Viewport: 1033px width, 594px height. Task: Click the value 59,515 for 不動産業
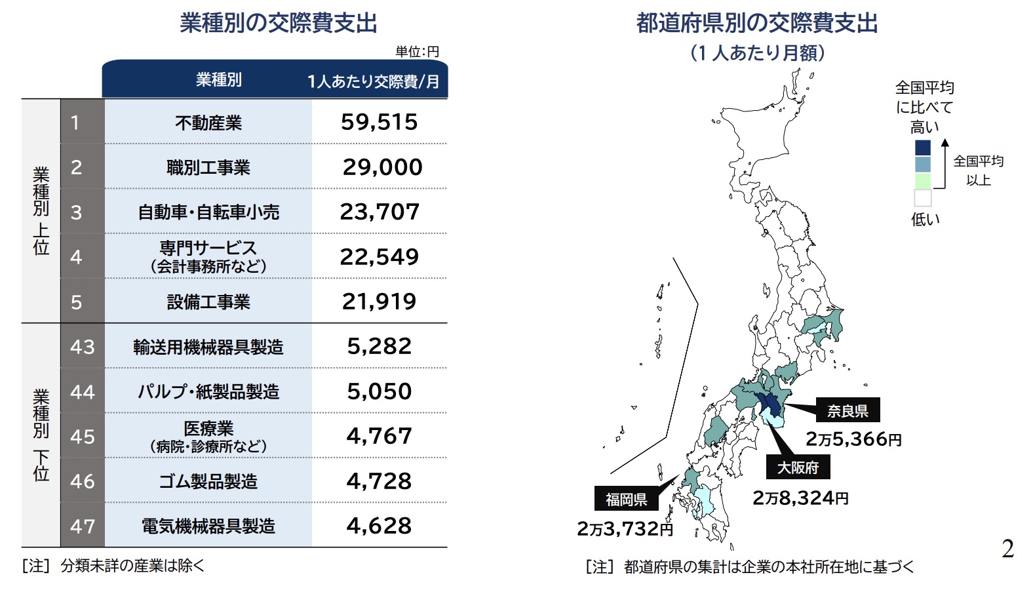coord(379,122)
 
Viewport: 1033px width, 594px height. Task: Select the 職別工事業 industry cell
coord(208,167)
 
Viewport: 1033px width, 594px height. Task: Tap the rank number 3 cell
coord(77,212)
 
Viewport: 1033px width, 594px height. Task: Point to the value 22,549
coord(379,256)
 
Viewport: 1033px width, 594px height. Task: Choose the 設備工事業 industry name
coord(208,302)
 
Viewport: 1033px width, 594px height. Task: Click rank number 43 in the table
coord(83,347)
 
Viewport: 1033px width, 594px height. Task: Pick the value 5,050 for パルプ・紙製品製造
coord(379,391)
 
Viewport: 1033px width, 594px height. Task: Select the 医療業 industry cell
coord(208,436)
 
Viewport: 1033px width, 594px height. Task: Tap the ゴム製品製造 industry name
coord(208,481)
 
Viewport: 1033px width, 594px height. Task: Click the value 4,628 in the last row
coord(379,526)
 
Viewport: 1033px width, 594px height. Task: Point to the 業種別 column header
coord(219,80)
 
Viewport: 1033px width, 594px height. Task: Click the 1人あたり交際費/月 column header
coord(374,81)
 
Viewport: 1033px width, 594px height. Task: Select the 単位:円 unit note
coord(418,51)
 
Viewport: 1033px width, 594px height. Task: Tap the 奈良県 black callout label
coord(848,411)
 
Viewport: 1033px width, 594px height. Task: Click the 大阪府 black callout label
coord(798,467)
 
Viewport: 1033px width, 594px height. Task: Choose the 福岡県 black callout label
coord(626,500)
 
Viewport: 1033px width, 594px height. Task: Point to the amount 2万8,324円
coord(800,498)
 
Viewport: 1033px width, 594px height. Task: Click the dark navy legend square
coord(922,147)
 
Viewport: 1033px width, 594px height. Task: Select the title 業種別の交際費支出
coord(279,23)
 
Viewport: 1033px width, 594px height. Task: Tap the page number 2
coord(1007,548)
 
